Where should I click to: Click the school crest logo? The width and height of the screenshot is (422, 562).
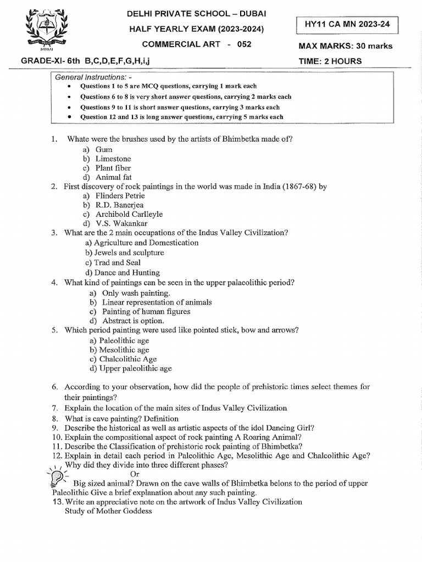pos(47,29)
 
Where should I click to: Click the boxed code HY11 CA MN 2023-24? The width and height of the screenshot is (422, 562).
pos(346,25)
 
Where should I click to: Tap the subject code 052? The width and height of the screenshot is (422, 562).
pos(244,44)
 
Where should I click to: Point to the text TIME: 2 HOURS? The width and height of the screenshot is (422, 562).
pos(330,61)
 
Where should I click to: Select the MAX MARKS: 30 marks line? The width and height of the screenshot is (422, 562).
pos(345,46)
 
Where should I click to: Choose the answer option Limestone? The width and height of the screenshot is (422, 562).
pos(113,159)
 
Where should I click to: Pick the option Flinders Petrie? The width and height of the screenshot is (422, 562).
pos(120,195)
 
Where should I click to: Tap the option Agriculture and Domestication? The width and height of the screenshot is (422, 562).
pos(142,243)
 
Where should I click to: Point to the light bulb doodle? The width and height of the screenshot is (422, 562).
pos(57,476)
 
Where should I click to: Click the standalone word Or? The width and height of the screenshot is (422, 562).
pos(135,474)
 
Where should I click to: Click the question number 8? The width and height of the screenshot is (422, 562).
pos(55,418)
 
